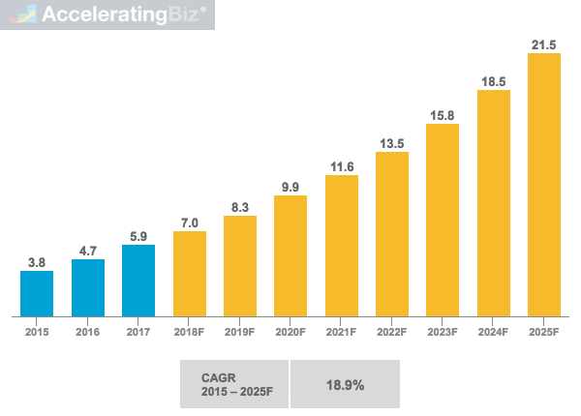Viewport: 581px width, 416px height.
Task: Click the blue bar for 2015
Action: [x=37, y=293]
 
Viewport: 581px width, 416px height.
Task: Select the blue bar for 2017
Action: [x=138, y=281]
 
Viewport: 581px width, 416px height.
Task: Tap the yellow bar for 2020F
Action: [x=290, y=255]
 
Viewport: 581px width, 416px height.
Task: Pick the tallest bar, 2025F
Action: [x=543, y=184]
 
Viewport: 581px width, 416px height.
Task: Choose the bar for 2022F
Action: [x=391, y=233]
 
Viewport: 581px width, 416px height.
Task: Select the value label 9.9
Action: [x=290, y=185]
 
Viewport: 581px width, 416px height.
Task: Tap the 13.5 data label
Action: [x=391, y=142]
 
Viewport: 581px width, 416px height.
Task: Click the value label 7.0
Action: [x=189, y=222]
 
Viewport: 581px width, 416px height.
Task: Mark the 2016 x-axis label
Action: [x=87, y=332]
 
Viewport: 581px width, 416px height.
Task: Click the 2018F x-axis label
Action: [x=189, y=332]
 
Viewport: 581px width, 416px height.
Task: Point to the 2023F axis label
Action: [x=442, y=332]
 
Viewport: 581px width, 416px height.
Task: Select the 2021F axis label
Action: [x=341, y=332]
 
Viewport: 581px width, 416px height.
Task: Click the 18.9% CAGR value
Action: [x=344, y=385]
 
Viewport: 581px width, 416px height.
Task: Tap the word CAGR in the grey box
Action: [x=216, y=377]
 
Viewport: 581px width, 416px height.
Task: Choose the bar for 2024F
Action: [x=493, y=202]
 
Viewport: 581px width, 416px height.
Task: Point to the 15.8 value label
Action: [x=442, y=116]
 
